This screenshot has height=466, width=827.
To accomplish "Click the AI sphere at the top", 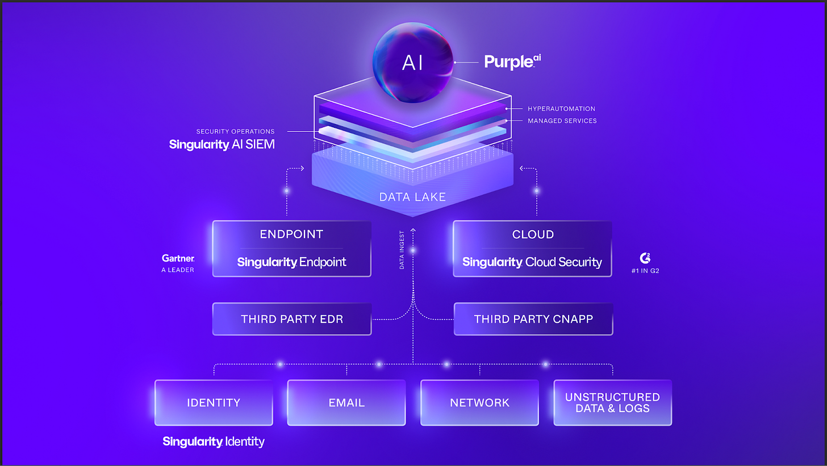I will (x=412, y=63).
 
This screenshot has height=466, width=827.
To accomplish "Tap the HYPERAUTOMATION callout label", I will (x=561, y=109).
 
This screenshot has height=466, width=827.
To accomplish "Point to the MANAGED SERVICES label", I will (x=562, y=120).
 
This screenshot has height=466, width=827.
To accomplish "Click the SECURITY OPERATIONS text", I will (x=235, y=131).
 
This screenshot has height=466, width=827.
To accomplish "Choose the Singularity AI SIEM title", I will (x=222, y=144).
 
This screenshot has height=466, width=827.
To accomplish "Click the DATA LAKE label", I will (x=412, y=197).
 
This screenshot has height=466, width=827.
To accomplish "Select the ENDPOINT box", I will (x=291, y=248).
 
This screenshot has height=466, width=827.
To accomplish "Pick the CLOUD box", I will (x=532, y=248).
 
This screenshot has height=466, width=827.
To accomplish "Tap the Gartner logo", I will (x=178, y=258).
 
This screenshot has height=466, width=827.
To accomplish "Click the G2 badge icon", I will (x=645, y=258).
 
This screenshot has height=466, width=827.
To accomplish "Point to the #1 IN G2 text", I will (x=645, y=271).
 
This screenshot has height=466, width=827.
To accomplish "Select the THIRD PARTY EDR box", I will (x=291, y=319).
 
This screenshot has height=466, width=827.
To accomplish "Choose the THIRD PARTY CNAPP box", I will (x=533, y=319).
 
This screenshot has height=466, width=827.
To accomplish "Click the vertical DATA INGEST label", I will (x=402, y=249).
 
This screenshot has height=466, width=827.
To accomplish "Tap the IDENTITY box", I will (x=214, y=402).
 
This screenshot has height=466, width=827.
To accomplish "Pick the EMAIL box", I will (x=346, y=402).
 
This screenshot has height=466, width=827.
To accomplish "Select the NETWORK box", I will (x=479, y=402).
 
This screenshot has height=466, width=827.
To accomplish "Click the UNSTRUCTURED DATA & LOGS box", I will (x=612, y=402).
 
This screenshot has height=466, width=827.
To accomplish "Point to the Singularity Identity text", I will (x=214, y=442).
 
